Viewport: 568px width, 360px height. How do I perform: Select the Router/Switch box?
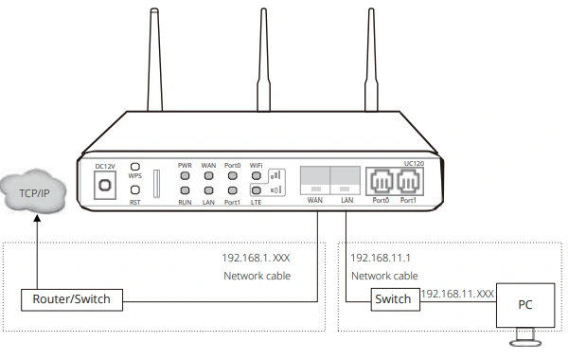71,299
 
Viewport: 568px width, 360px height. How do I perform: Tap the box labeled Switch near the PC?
393,299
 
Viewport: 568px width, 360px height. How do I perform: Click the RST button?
135,190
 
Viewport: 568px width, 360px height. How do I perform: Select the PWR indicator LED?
185,176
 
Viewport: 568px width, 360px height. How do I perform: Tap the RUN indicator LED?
185,192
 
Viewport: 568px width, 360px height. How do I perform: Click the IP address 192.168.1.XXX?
257,257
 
